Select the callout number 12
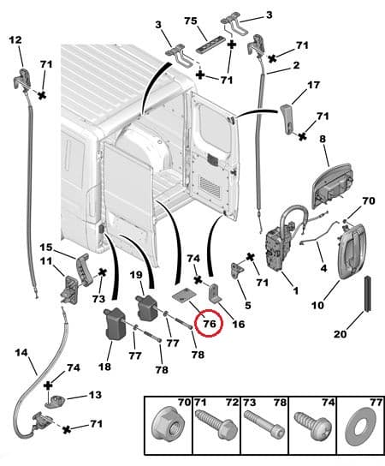pyautogui.click(x=15, y=39)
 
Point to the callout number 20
pyautogui.click(x=341, y=334)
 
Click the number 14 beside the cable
pyautogui.click(x=21, y=352)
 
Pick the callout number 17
pyautogui.click(x=313, y=85)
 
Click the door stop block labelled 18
pyautogui.click(x=115, y=326)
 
